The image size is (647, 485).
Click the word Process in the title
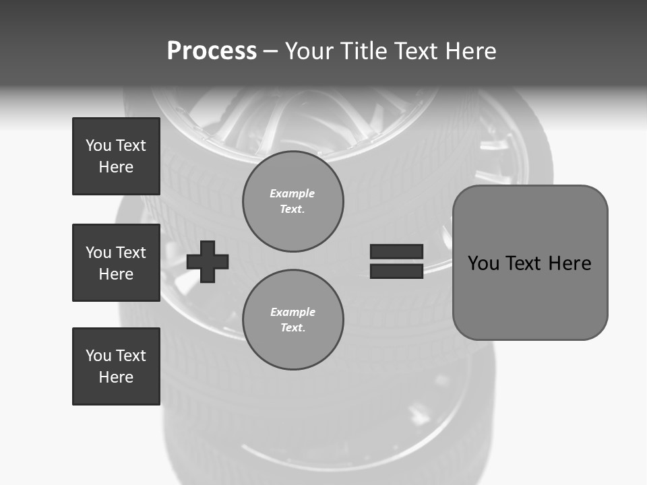coord(212,51)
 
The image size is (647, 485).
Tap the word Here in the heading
coord(470,51)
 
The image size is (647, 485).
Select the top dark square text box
coord(116,156)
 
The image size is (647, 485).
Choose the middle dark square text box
coord(116,263)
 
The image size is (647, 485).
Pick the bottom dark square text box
coord(116,366)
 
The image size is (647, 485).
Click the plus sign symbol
coord(208,261)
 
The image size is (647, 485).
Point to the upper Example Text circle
coord(292,201)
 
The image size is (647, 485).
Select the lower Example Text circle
coord(292,320)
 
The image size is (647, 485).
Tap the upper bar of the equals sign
coord(396,251)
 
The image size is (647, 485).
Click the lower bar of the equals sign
coord(396,271)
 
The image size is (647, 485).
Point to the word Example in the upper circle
coord(292,193)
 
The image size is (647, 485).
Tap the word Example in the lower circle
coord(292,312)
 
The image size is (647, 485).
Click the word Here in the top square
coord(116,167)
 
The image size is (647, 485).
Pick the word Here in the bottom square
coord(116,377)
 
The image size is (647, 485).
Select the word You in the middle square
coord(98,253)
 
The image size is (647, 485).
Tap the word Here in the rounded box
coord(569,263)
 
